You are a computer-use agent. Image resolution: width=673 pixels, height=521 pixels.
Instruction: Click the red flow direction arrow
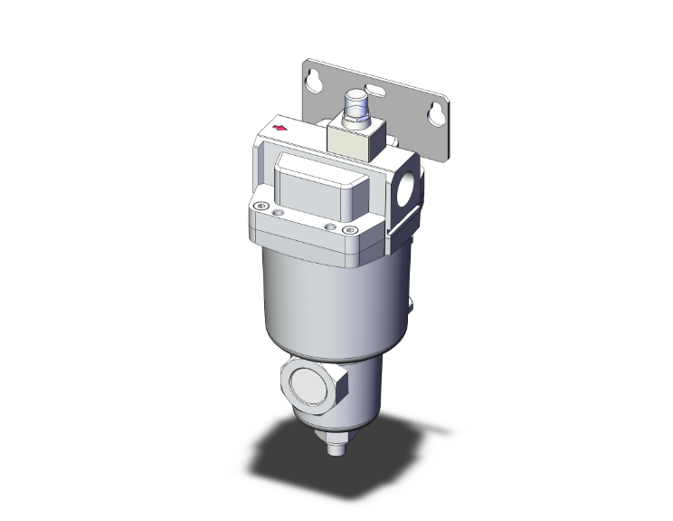tap(280, 130)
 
